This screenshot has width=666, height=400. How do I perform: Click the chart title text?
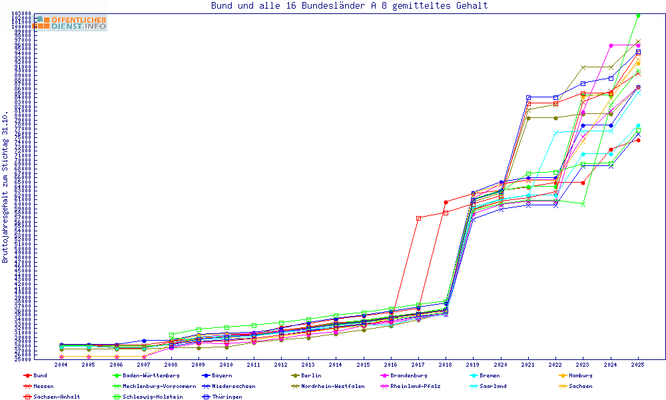pos(349,6)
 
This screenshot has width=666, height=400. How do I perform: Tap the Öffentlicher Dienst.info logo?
pos(70,23)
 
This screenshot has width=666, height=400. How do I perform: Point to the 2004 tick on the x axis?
pos(61,365)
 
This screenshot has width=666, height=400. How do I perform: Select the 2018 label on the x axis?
pos(446,365)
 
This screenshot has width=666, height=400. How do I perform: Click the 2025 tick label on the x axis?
pos(637,365)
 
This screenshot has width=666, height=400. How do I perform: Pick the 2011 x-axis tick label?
pos(254,365)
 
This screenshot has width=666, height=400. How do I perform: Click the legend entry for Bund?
pos(41,375)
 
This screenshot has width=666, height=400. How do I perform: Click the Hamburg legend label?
pos(579,375)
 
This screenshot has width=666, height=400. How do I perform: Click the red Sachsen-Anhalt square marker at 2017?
pos(418,218)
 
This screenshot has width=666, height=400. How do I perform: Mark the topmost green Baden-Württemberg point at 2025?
pos(638,15)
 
